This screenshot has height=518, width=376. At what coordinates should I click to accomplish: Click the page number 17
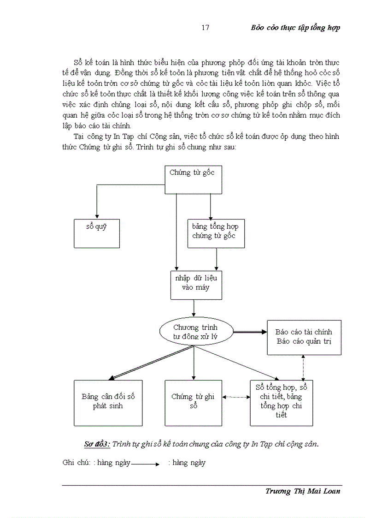(206, 28)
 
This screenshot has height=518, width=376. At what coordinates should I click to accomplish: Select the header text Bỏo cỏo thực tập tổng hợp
(295, 28)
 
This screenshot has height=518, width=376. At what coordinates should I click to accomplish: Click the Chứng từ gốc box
(194, 179)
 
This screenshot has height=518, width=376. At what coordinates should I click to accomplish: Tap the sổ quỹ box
(97, 233)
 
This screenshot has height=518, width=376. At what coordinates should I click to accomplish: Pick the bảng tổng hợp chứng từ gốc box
(215, 233)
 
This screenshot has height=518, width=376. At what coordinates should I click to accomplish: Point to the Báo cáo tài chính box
(304, 337)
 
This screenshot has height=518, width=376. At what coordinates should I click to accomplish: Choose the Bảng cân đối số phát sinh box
(108, 402)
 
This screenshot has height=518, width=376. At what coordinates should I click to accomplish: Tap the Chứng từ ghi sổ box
(193, 402)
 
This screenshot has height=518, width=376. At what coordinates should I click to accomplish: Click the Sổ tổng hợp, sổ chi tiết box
(281, 402)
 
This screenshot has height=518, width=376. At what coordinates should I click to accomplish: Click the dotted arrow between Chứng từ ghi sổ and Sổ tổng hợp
(235, 397)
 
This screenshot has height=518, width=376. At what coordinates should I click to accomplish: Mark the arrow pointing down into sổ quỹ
(97, 203)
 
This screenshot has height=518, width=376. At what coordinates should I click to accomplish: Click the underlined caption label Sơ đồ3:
(96, 444)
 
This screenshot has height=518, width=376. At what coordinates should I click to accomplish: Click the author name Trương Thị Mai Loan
(303, 491)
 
